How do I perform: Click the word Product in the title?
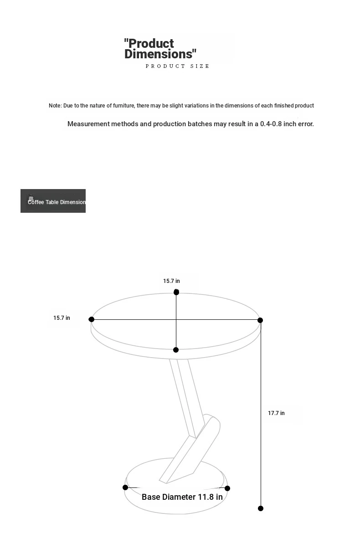(x=151, y=44)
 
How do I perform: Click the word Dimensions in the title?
(x=159, y=54)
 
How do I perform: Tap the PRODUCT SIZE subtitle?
(x=177, y=66)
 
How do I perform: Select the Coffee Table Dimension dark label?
(x=53, y=201)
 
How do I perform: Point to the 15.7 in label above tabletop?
(x=171, y=281)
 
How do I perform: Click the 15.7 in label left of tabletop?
(x=62, y=318)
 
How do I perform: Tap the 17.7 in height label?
(x=276, y=413)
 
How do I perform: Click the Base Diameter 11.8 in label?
(x=182, y=497)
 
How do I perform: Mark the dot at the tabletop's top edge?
(x=176, y=292)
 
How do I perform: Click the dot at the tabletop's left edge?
(x=92, y=319)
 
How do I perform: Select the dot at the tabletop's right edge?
(x=260, y=320)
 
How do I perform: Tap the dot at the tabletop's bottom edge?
(x=176, y=350)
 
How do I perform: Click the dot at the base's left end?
(x=125, y=487)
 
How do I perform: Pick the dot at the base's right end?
(x=227, y=488)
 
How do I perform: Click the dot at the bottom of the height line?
(x=261, y=508)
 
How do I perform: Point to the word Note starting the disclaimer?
(x=55, y=106)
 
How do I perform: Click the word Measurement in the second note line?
(x=88, y=124)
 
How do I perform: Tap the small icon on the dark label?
(x=31, y=197)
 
